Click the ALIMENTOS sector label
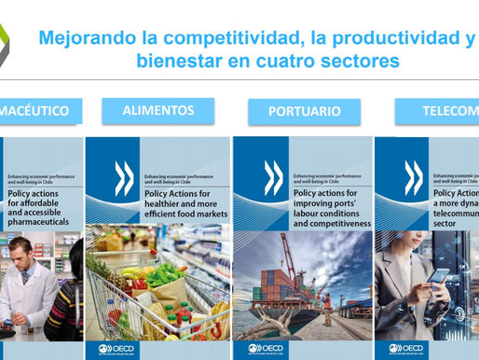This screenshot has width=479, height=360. click(x=158, y=110)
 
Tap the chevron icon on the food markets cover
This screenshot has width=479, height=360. click(x=123, y=179)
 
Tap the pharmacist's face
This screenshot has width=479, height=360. click(x=22, y=252)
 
